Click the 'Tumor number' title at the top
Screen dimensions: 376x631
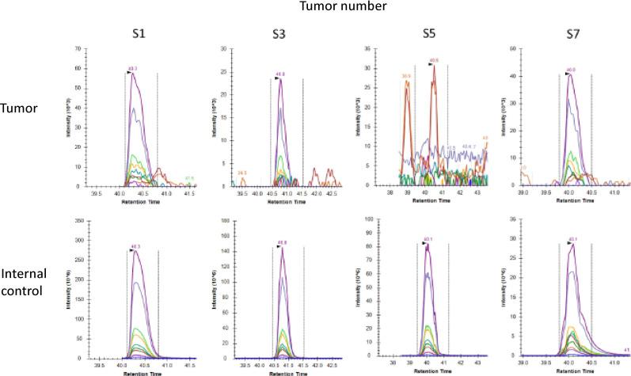coord(314,7)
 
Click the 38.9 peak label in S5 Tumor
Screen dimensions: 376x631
coord(407,75)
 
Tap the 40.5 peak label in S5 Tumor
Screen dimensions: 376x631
coord(434,60)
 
